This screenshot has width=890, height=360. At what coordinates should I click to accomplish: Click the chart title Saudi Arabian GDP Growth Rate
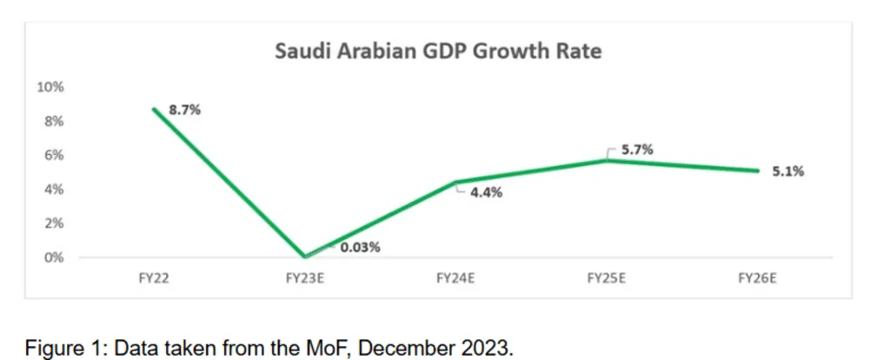tap(438, 51)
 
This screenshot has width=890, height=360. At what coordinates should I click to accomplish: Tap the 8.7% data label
tap(184, 110)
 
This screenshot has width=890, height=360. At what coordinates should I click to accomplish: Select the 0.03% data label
tap(359, 247)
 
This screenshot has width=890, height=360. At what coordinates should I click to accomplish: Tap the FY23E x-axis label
tap(304, 277)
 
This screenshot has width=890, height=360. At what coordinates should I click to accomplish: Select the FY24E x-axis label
tap(455, 277)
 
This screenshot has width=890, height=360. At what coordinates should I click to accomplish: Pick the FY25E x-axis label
tap(607, 277)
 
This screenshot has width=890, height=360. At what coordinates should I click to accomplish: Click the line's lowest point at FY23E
tap(305, 257)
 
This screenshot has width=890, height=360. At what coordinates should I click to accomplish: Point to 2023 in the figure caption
tap(484, 350)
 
